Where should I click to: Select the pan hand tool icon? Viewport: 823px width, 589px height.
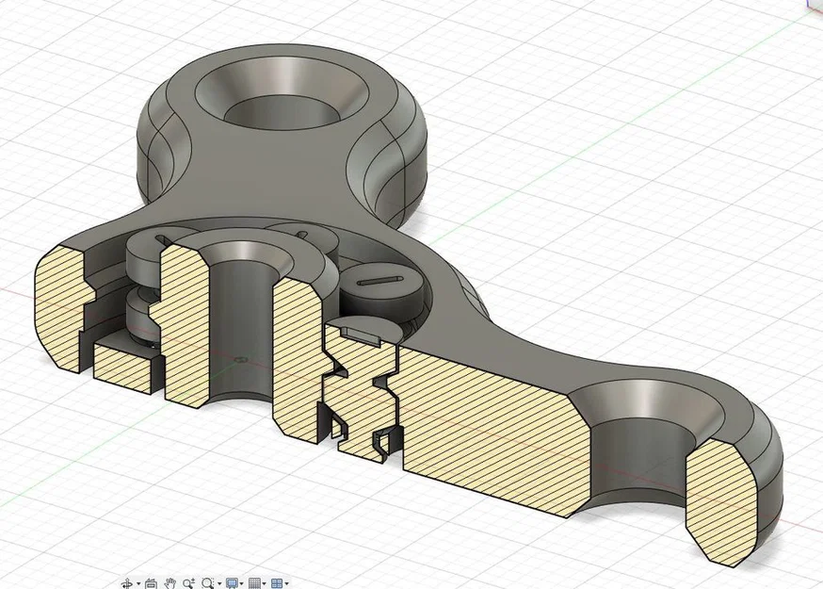170,583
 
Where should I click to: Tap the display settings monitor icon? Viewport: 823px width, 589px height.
232,583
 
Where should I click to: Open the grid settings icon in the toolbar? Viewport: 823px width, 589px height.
254,583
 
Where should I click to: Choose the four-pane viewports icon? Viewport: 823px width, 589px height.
277,583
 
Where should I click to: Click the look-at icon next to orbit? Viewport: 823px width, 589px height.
151,583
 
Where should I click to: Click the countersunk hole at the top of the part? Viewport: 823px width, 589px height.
282,99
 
